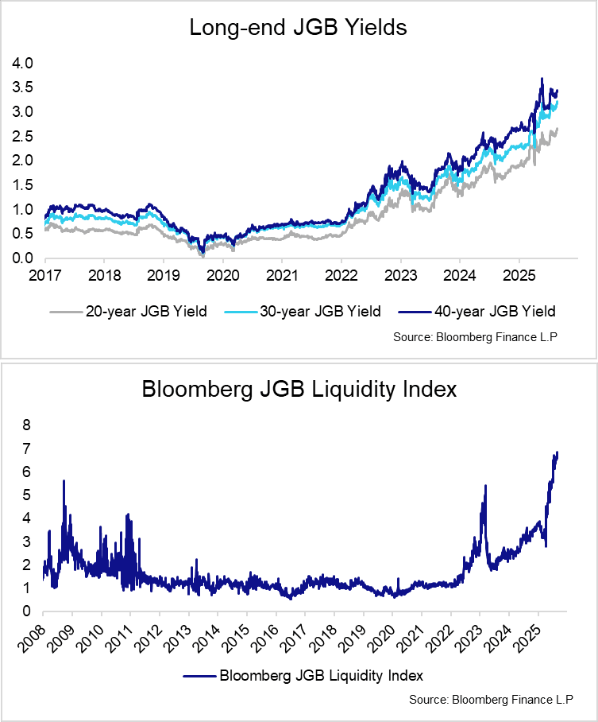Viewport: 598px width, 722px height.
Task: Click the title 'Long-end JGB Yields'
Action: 298,29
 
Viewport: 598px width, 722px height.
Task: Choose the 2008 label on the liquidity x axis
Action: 32,636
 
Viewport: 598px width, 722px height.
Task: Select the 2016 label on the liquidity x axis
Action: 264,636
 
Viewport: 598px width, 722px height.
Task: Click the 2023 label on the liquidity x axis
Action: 469,636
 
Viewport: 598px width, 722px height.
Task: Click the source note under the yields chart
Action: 475,337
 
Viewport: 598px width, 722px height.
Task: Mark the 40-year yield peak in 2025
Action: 542,79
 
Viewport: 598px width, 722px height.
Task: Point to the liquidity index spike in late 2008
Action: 64,481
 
